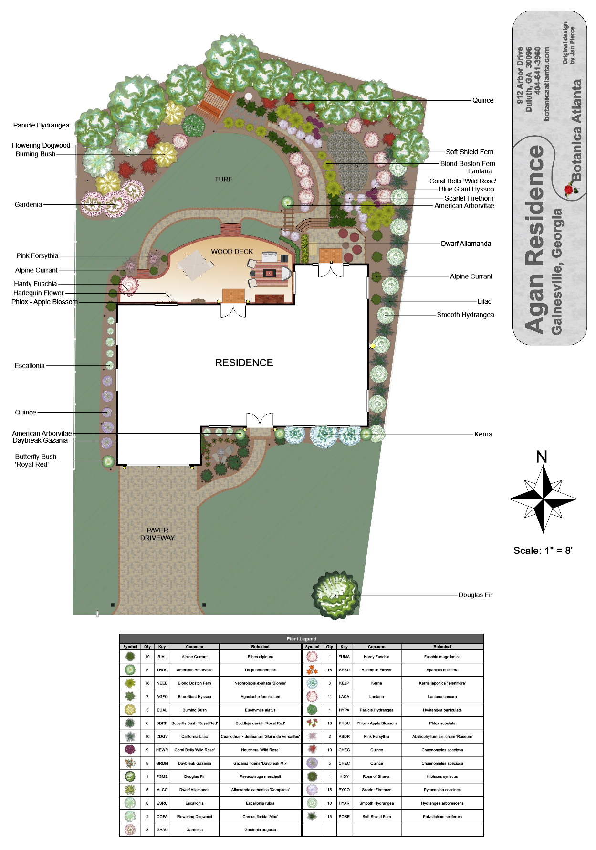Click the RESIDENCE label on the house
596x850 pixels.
point(244,363)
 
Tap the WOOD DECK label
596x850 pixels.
point(232,252)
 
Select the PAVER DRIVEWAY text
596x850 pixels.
point(157,534)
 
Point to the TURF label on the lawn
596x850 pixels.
point(223,179)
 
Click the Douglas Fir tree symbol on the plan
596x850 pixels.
point(336,595)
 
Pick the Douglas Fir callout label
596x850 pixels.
point(475,595)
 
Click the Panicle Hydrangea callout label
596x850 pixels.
point(41,125)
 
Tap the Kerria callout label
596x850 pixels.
point(483,434)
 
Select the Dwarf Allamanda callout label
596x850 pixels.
point(466,244)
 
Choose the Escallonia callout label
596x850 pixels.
point(30,366)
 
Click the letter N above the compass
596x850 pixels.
point(542,457)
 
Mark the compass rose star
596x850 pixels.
point(543,499)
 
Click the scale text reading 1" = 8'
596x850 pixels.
point(554,551)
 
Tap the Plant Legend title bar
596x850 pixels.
point(301,638)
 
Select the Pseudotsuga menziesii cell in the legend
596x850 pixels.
point(260,776)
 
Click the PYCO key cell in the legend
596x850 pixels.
point(344,790)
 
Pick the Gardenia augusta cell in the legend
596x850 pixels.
point(260,830)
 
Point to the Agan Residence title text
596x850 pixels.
point(540,239)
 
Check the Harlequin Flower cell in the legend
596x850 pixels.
point(376,670)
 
